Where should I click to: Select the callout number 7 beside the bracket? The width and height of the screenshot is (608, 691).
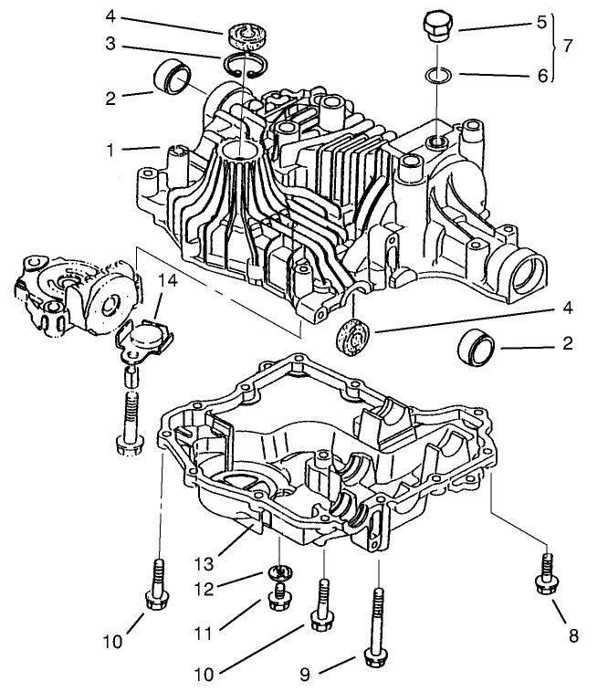pyautogui.click(x=569, y=45)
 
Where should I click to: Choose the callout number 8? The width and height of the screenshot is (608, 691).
pyautogui.click(x=572, y=636)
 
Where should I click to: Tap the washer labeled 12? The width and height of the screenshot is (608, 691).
pyautogui.click(x=280, y=572)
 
